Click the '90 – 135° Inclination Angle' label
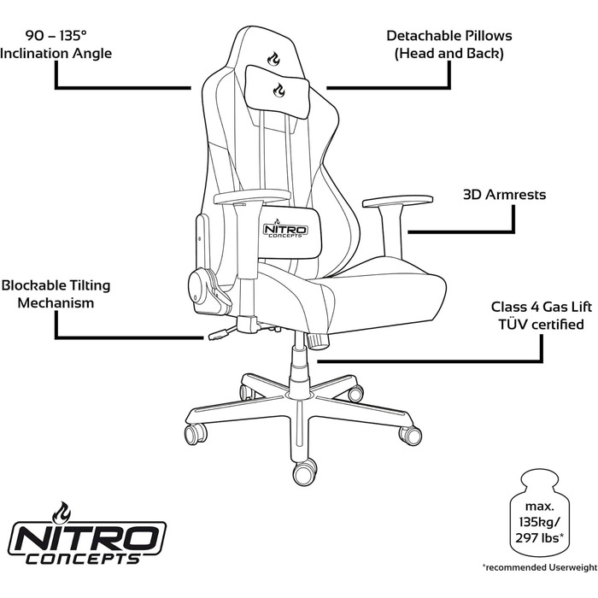56,44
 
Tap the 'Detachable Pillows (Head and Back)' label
448,44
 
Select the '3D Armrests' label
504,195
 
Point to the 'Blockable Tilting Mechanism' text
56,294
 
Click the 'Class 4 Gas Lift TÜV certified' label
541,315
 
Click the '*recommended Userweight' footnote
540,567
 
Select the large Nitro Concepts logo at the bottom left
87,534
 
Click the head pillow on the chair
277,91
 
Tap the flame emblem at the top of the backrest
273,58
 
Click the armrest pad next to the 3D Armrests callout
397,202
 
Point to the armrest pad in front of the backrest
252,196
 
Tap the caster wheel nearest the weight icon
410,435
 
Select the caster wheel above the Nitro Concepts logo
196,434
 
